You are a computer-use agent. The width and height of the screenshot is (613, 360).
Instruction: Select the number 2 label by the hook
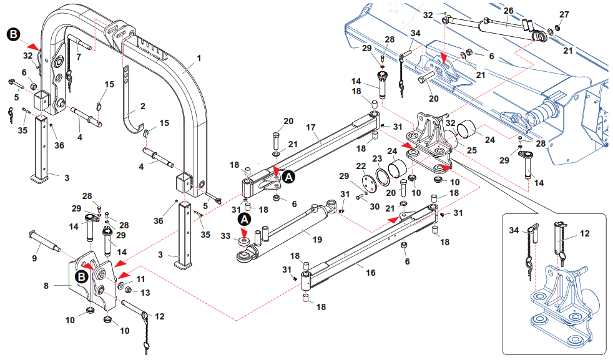(142, 107)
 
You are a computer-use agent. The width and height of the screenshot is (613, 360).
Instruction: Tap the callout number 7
(78, 57)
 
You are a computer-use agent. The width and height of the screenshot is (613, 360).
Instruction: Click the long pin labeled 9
(44, 240)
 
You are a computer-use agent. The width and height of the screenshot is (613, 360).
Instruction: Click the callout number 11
(140, 279)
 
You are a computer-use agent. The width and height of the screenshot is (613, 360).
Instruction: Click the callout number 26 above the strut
(508, 11)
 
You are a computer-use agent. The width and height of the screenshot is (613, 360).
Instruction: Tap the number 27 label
(564, 14)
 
